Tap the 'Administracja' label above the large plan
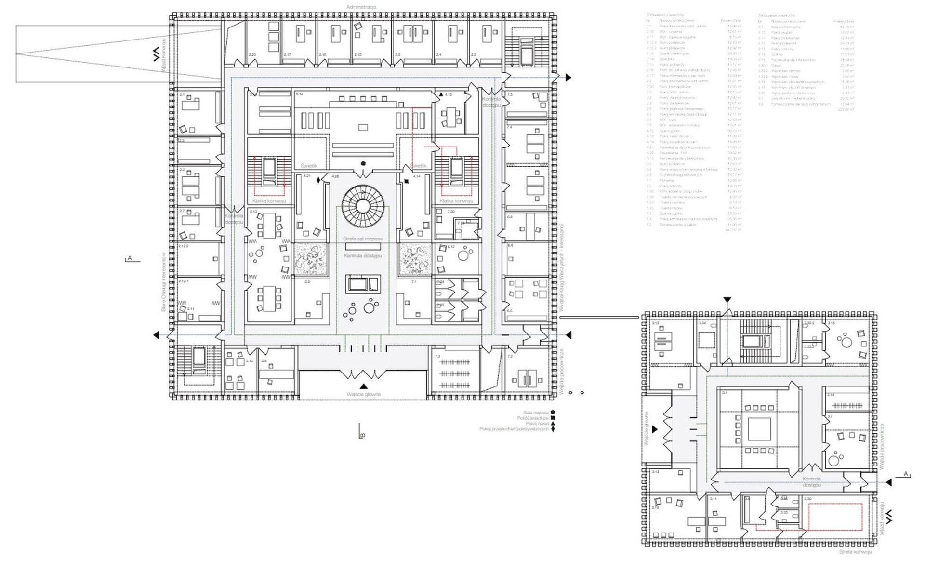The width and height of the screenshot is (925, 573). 361,7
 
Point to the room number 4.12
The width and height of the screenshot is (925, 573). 299,94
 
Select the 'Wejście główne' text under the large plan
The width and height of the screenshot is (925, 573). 363,394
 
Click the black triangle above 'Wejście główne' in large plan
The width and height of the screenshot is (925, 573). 364,386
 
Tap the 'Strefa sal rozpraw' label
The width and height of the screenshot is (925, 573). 363,239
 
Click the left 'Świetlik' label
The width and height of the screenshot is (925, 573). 309,166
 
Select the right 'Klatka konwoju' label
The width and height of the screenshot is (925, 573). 456,201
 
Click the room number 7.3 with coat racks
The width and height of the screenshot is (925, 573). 437,356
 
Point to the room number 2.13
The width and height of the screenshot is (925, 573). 253,212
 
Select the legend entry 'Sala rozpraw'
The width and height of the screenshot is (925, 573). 536,413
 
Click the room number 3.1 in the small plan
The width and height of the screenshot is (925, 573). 725,393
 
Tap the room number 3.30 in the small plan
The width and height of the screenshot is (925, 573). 808,499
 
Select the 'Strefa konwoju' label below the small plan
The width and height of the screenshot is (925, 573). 855,552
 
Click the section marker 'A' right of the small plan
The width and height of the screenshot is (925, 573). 905,474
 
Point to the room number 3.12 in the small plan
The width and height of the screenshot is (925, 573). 655,323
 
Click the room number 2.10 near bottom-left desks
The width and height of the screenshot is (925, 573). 250,361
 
